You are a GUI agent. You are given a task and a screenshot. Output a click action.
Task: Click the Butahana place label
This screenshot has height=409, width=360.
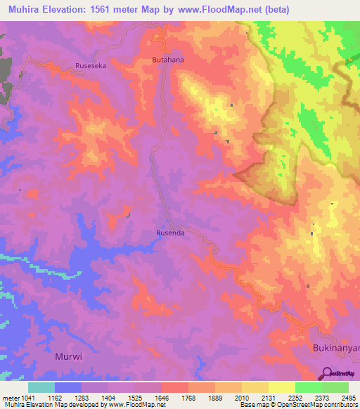(168, 61)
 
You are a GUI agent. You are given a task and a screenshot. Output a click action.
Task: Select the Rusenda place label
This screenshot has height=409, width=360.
(169, 235)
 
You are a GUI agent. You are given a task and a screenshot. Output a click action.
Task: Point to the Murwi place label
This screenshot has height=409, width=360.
(69, 356)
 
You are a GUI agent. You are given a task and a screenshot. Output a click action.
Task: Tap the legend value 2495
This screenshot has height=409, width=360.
(348, 397)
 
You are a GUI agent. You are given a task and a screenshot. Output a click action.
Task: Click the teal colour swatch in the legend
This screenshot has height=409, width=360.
(41, 387)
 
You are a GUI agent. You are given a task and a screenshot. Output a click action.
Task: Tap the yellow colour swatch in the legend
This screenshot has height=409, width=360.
(282, 387)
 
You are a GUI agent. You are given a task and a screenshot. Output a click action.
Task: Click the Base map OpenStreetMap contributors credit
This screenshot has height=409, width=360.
(298, 405)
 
